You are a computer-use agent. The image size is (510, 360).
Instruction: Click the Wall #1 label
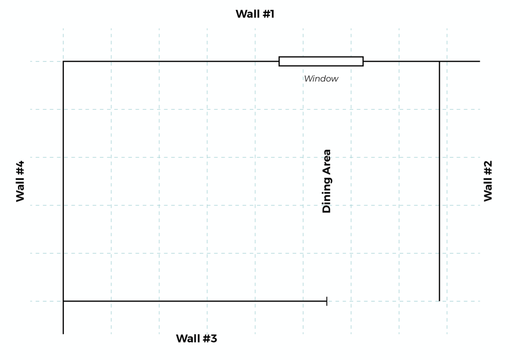[x=255, y=14]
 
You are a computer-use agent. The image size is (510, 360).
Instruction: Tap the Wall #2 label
[x=488, y=181]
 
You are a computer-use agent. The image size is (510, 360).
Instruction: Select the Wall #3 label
[x=196, y=338]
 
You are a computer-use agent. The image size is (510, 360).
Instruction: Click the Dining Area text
[x=327, y=181]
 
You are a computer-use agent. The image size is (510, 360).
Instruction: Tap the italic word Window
[x=321, y=79]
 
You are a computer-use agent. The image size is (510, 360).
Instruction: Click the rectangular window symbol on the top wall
[x=321, y=61]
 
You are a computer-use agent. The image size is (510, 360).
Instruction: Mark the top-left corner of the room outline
[x=63, y=61]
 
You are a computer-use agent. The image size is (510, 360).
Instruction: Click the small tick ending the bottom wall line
[x=326, y=301]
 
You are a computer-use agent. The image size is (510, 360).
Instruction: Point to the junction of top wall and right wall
[x=439, y=61]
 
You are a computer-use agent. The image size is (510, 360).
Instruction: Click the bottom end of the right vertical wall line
[x=439, y=301]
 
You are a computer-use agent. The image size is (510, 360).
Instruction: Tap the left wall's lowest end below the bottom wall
[x=63, y=333]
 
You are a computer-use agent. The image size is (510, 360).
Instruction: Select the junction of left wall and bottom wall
[x=63, y=301]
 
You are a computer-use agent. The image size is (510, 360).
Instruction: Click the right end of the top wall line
[x=479, y=61]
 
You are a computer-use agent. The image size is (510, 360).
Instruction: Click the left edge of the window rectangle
[x=279, y=61]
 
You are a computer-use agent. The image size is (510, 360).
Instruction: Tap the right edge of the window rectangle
[x=363, y=61]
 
